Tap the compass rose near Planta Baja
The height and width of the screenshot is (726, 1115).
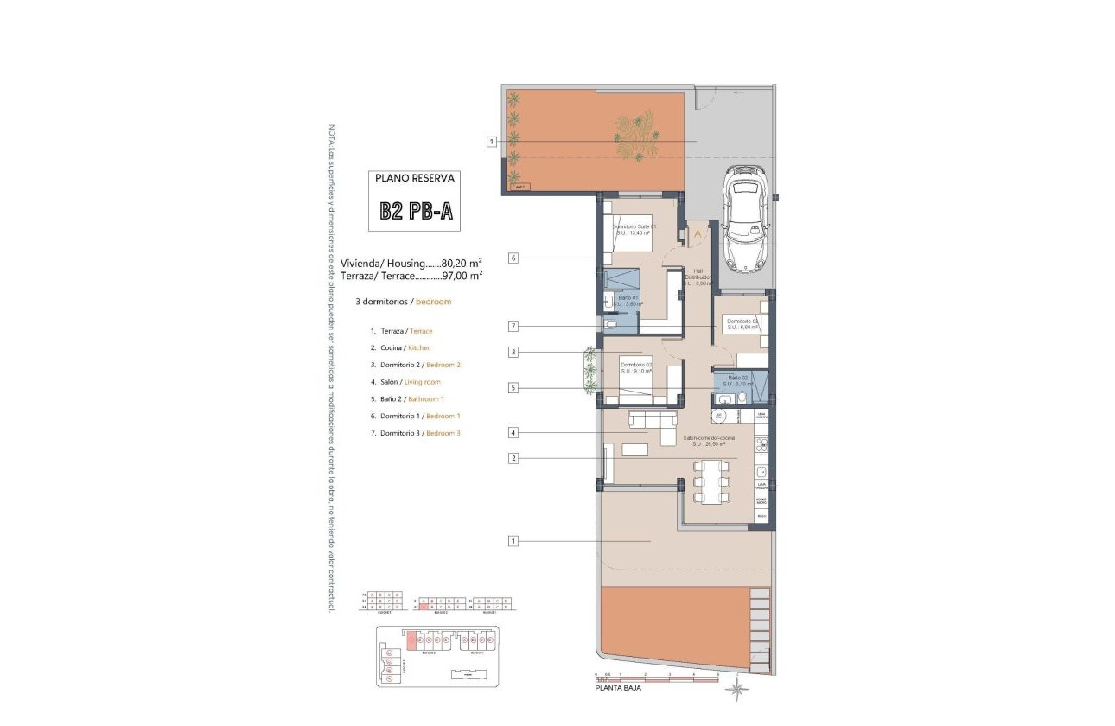(x=737, y=689)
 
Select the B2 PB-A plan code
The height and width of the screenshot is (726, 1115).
(x=416, y=212)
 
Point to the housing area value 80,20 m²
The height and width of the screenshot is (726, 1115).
(x=462, y=263)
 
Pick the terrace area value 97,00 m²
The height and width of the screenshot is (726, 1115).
(x=462, y=276)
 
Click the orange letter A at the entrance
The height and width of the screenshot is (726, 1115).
(x=698, y=233)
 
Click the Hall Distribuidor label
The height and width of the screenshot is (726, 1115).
(x=703, y=277)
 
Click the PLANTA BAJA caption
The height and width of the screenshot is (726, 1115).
(x=618, y=689)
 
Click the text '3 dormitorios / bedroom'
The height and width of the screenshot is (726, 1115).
(x=404, y=302)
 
